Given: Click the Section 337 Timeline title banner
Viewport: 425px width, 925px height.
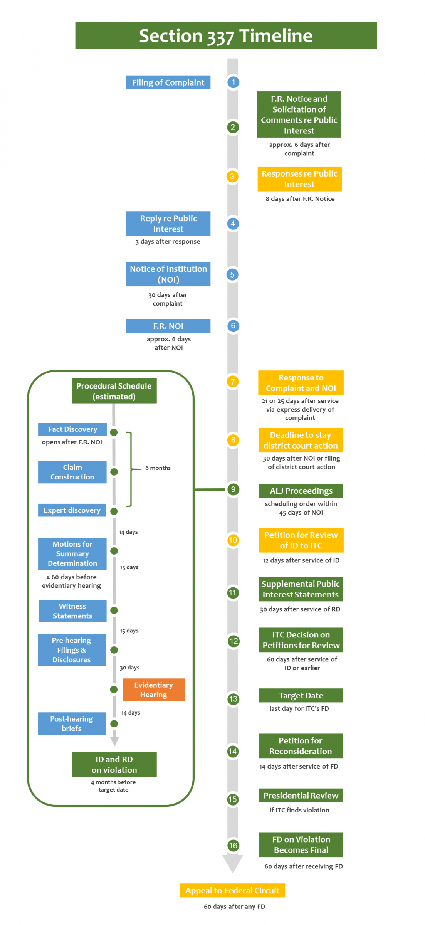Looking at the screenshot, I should (226, 35).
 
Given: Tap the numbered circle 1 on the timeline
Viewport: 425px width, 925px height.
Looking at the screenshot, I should (233, 82).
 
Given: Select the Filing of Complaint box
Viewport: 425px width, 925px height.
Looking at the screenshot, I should (168, 82).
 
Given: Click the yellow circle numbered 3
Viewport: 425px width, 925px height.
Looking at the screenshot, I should (232, 177).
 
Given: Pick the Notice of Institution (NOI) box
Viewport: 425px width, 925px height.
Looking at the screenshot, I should (168, 274).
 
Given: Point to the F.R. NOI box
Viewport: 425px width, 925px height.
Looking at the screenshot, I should (168, 326).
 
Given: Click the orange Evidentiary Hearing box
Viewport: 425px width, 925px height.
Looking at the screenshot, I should (153, 690).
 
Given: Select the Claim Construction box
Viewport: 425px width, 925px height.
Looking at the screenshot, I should (72, 472).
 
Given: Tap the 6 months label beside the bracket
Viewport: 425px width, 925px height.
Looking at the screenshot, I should (158, 468).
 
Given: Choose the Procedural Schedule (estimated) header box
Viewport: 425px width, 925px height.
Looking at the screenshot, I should (114, 391).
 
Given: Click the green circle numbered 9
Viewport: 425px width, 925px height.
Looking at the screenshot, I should (233, 489).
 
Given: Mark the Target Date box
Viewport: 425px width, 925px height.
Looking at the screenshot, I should (301, 695).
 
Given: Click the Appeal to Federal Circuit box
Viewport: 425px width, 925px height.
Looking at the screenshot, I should (232, 890).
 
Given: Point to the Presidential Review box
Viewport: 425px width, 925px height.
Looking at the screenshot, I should (301, 795).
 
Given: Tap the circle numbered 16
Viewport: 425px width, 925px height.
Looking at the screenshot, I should (233, 846).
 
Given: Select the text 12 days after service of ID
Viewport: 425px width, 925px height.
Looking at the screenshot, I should (301, 560).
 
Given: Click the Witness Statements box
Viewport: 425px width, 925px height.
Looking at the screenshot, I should (72, 611).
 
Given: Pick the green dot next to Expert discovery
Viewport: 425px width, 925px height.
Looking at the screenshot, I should (114, 511).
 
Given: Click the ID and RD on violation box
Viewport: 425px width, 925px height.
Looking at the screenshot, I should (114, 764).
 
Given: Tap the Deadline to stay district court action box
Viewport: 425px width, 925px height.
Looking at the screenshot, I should (301, 440).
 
